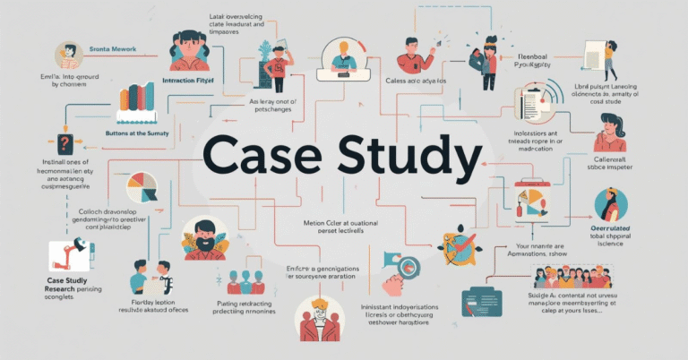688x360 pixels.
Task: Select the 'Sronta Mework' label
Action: tap(111, 47)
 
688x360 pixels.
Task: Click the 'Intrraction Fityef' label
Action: tap(191, 81)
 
